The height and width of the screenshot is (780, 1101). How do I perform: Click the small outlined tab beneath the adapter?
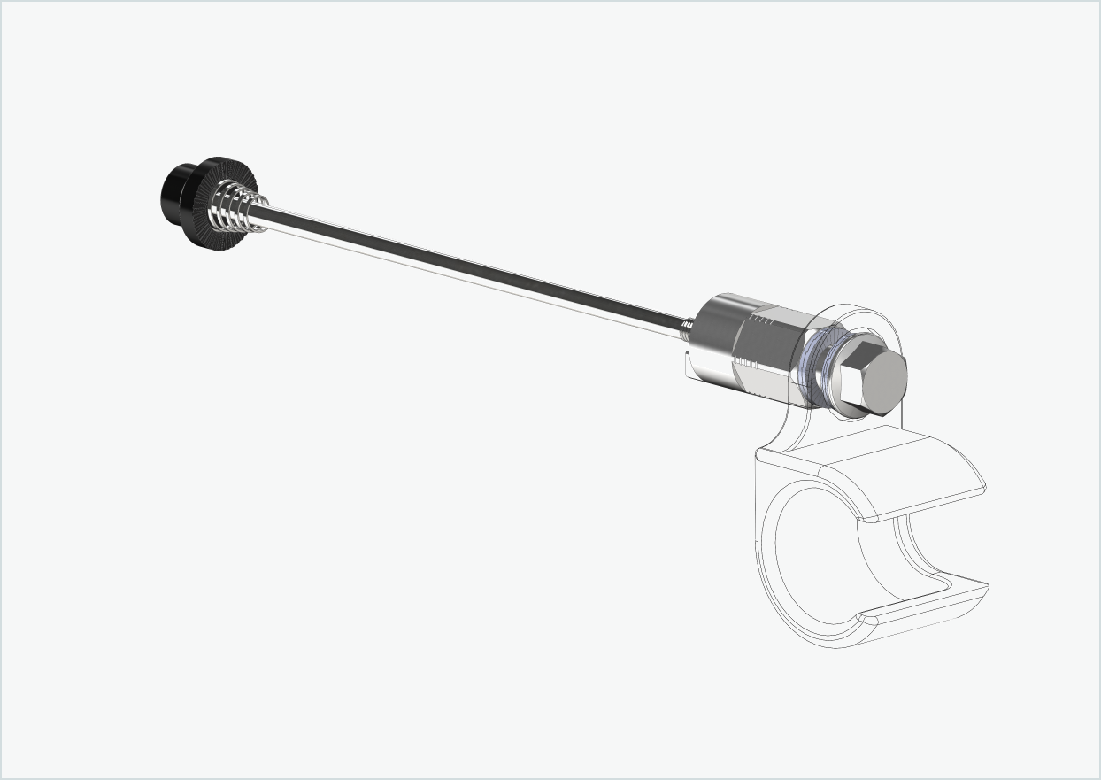[689, 367]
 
